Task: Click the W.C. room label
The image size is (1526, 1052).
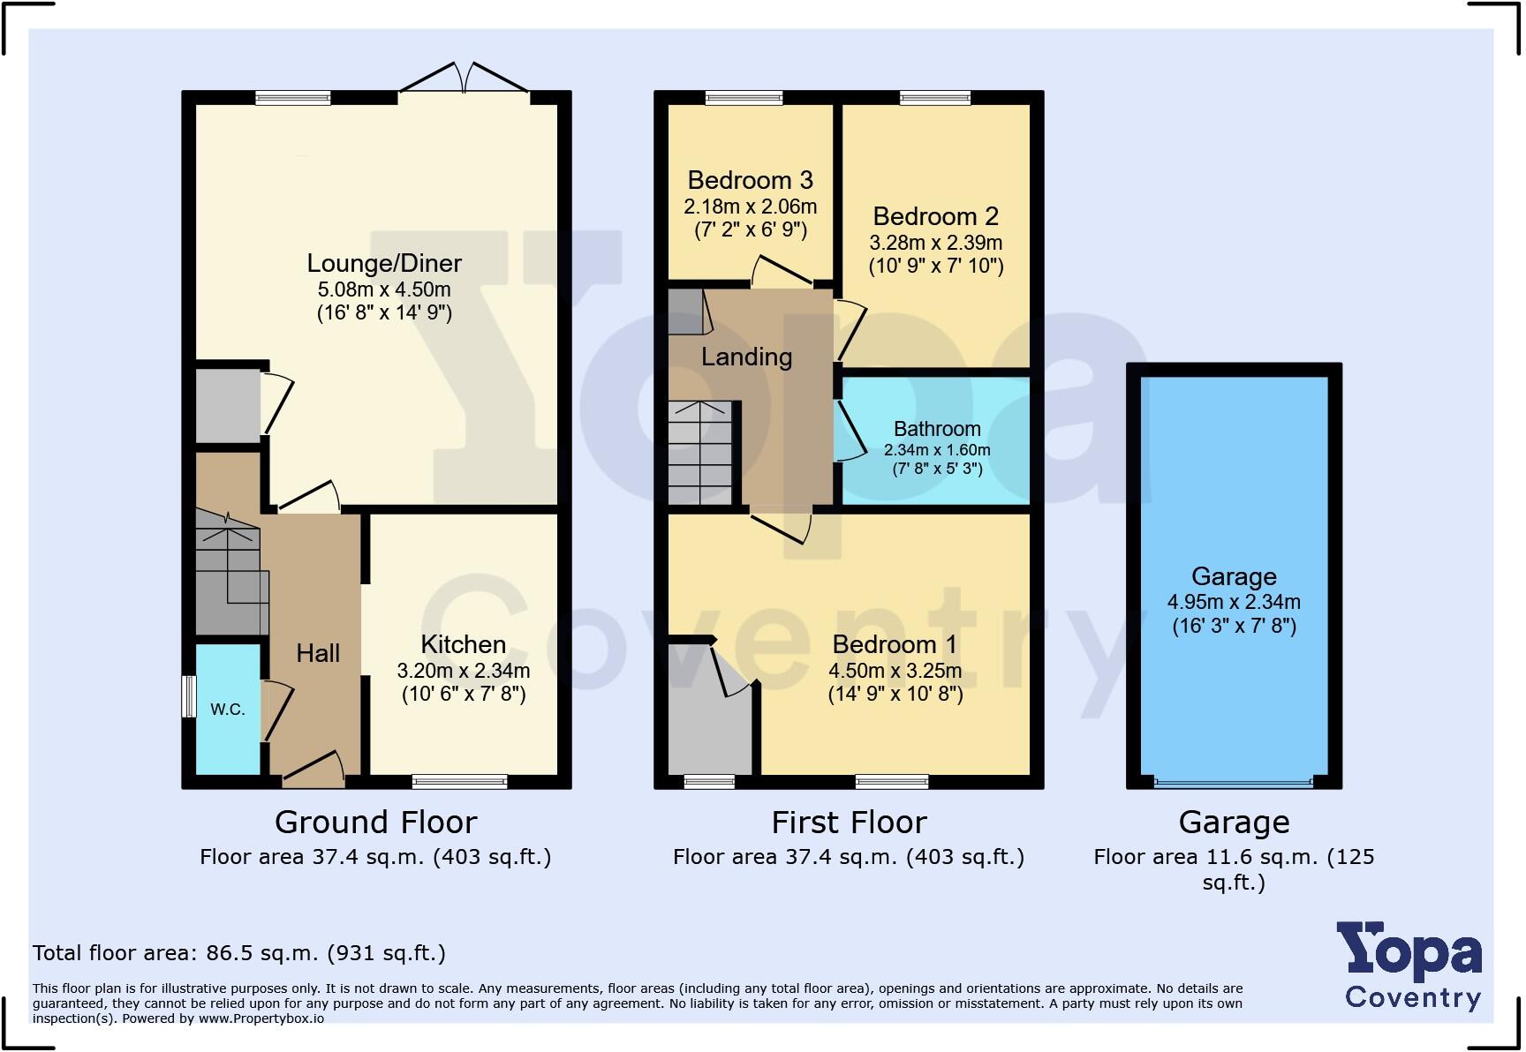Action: coord(228,710)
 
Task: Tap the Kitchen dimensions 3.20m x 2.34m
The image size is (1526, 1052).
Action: coord(464,671)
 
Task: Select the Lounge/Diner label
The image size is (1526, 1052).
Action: coord(384,263)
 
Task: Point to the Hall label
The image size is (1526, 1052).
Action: coord(318,653)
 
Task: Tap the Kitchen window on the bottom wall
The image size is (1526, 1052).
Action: coord(459,781)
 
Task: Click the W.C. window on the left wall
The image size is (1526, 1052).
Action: coord(188,696)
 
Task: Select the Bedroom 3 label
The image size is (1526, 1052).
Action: coord(750,180)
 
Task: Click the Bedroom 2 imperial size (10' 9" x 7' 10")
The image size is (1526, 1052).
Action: coord(936,266)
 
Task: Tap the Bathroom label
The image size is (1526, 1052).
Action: coord(937,429)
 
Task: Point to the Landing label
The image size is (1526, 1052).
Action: coord(746,357)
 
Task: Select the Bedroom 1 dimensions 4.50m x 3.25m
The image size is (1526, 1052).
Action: coord(895,671)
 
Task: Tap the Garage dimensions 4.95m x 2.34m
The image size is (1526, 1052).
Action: coord(1234,602)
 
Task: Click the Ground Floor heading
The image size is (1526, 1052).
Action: coord(375,823)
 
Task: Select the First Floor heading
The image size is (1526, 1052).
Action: coord(849,823)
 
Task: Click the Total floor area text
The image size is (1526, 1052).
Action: coord(238,953)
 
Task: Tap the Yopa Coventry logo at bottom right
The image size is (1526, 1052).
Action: coord(1411,966)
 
